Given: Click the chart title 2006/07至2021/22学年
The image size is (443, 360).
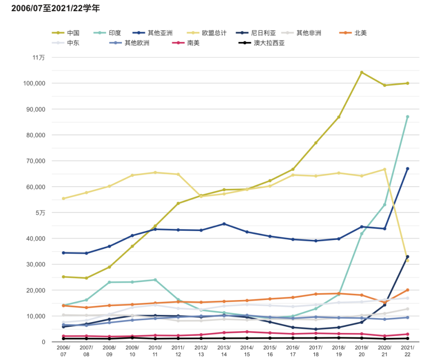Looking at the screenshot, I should point(55,8).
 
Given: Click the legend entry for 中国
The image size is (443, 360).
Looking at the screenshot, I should point(66,33).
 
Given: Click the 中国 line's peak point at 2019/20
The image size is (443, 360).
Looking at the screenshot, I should point(361,72).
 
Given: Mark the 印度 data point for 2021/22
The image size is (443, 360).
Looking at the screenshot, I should point(407,117).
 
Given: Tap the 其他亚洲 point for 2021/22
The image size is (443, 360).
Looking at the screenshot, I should point(407,169).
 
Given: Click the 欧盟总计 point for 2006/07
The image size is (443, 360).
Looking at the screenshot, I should point(63,198).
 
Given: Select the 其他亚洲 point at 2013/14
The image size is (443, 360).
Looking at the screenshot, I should point(224,224).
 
